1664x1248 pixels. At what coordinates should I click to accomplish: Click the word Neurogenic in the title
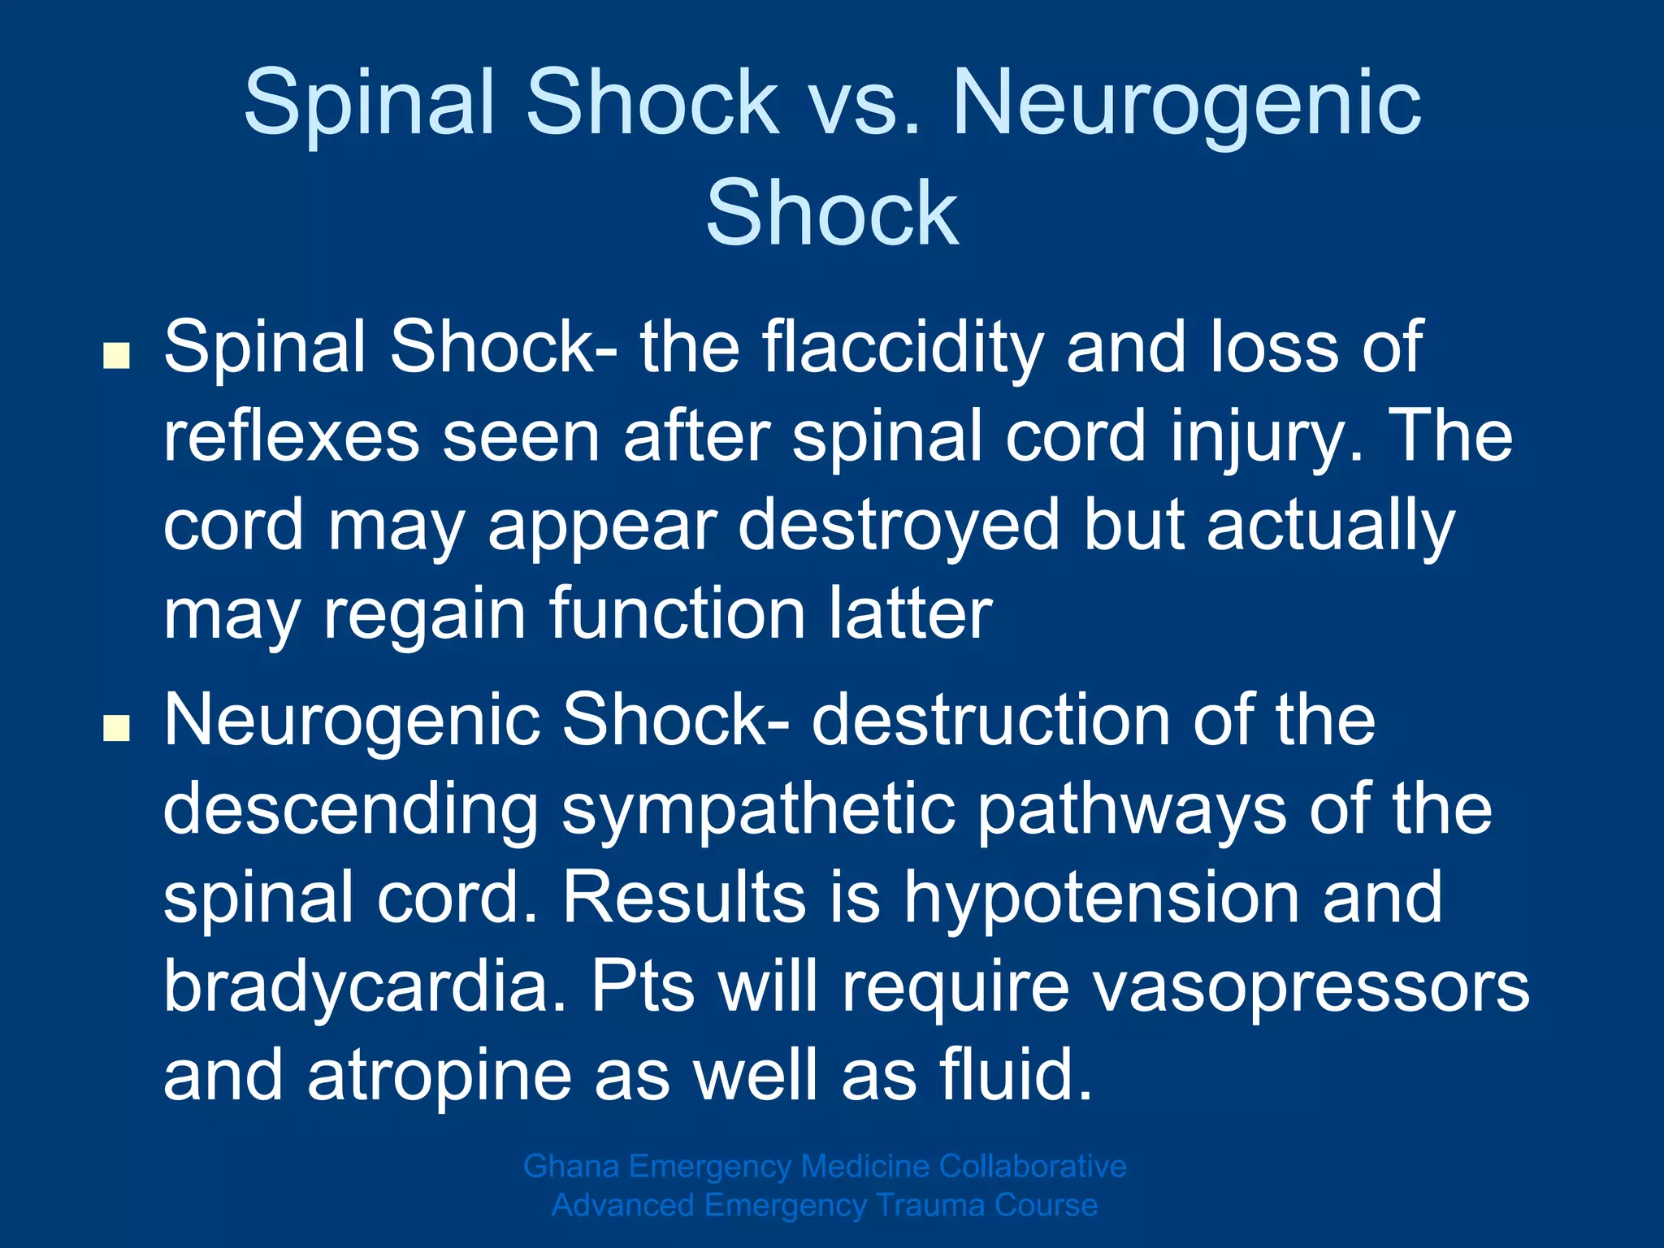1186,104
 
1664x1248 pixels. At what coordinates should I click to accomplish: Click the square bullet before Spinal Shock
117,356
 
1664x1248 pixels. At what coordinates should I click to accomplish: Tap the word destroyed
899,526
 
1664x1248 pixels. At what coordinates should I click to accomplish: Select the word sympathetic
757,809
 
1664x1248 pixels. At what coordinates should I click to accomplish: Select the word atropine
439,1076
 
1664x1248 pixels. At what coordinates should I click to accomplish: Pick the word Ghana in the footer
571,1167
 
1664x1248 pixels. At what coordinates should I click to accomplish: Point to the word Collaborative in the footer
1033,1167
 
